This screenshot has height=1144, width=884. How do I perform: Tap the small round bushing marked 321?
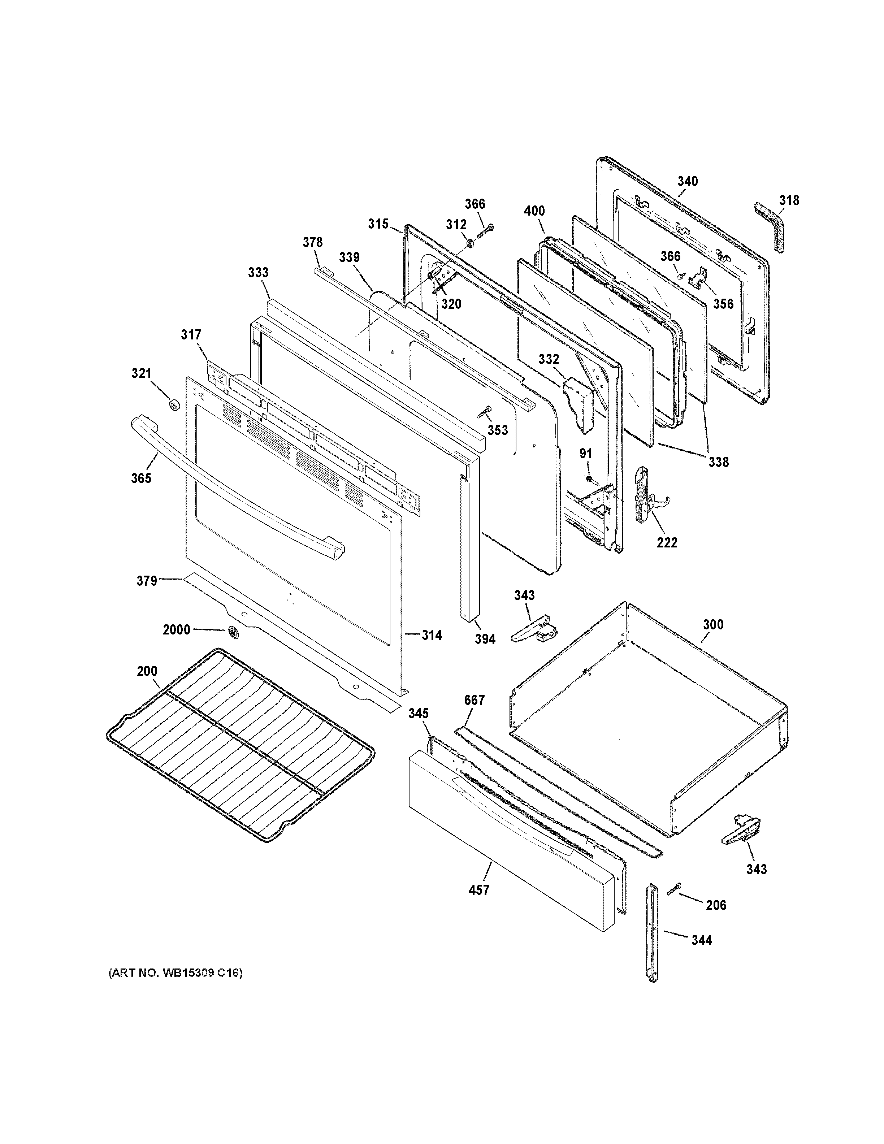(x=174, y=404)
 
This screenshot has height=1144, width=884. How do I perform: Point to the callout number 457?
(x=479, y=889)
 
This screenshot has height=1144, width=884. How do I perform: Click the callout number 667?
(x=474, y=700)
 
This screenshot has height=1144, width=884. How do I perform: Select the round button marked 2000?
(x=233, y=633)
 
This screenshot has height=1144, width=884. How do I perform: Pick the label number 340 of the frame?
(x=687, y=181)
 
